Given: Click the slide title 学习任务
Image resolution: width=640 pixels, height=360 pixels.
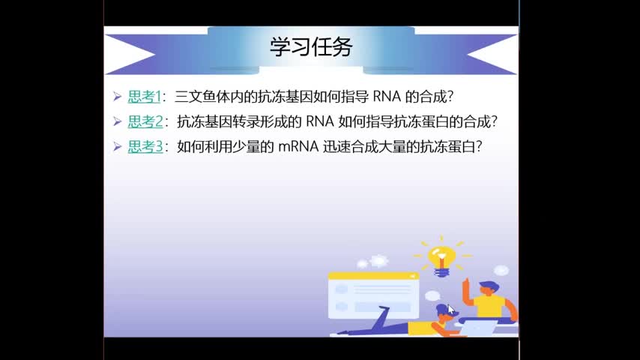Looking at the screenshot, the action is point(311,47).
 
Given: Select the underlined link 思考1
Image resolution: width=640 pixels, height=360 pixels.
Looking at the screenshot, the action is point(144,97).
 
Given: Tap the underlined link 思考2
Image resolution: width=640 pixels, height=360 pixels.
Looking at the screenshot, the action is point(145,121).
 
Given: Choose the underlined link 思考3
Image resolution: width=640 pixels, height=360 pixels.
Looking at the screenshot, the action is point(145,147).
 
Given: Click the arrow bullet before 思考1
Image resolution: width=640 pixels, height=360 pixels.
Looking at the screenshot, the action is point(118,97).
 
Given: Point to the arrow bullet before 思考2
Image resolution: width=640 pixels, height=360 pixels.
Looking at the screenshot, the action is point(118,121).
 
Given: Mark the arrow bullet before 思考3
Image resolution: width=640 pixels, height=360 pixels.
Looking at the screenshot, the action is point(118,147).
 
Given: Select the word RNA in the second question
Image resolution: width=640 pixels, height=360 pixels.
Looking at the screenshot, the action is point(320,121).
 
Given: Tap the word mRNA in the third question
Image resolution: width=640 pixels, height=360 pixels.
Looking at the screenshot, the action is point(298,147).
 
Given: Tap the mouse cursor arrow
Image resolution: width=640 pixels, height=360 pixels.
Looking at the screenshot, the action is point(450,309).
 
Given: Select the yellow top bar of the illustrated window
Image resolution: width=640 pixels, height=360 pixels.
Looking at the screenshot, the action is point(373,276).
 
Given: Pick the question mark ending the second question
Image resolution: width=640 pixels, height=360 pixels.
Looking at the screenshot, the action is point(495,121).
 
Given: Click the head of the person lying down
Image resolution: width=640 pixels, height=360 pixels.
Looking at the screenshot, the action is point(445,313).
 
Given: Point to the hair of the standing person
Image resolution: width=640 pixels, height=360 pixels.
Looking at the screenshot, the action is point(489,285).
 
